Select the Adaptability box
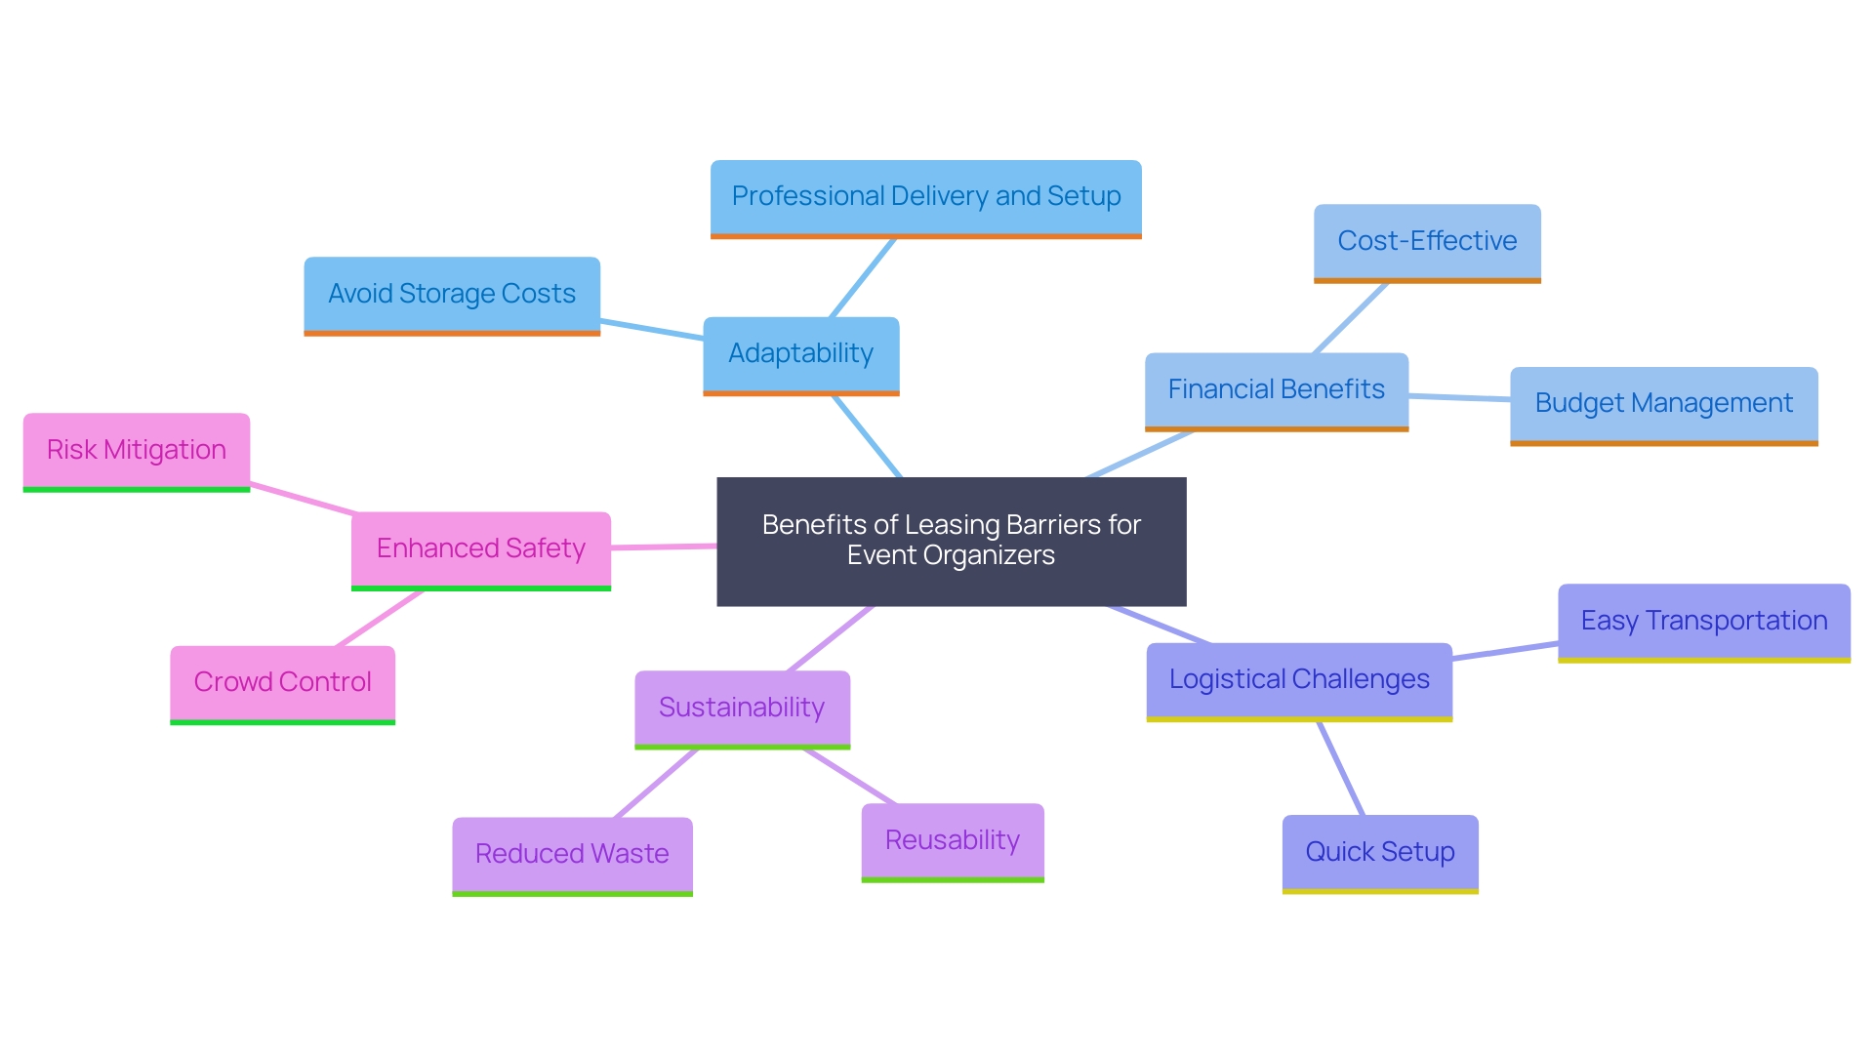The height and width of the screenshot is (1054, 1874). [x=800, y=354]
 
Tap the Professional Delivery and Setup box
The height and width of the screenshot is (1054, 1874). [x=925, y=197]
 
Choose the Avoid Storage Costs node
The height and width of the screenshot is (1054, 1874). [x=451, y=295]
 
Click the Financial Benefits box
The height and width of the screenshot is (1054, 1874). [x=1276, y=390]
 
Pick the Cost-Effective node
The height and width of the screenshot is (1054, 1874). [x=1426, y=242]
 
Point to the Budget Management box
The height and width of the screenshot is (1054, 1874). [x=1663, y=404]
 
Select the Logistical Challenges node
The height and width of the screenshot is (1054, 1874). [x=1298, y=680]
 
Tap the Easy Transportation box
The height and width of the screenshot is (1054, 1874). [x=1703, y=622]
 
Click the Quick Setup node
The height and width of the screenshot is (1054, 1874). [x=1379, y=853]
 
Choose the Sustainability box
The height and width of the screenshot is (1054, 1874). [x=742, y=709]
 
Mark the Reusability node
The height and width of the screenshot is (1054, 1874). [x=952, y=841]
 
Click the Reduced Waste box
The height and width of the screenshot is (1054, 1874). [x=572, y=855]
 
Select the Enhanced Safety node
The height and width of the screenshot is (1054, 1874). [x=480, y=549]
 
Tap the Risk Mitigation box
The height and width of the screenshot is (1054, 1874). [x=136, y=451]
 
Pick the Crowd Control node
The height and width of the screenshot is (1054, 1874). [x=282, y=683]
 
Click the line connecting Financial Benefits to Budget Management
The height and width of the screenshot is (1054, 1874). [x=1459, y=397]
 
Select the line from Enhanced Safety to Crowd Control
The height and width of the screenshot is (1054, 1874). [x=379, y=619]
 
